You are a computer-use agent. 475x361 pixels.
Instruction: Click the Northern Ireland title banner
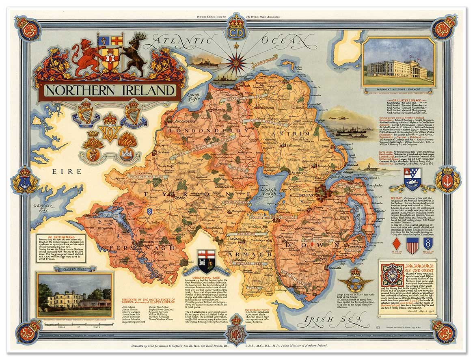tap(109, 90)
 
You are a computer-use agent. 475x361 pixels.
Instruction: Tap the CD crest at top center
tap(236, 28)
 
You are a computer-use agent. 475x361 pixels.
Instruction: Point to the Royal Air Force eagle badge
tap(356, 281)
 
